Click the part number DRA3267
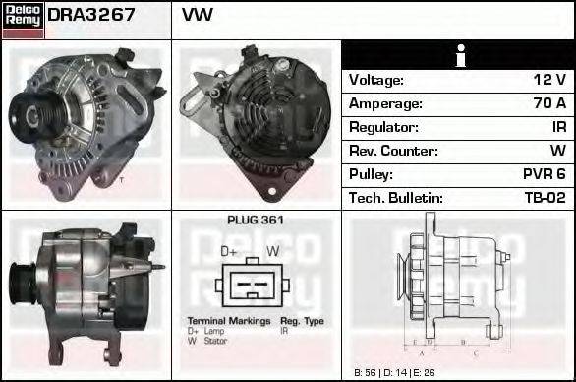91,16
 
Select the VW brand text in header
198,16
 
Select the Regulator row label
383,128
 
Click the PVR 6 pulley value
543,175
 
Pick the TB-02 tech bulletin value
544,199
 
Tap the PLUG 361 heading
256,221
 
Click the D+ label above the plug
230,252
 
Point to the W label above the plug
274,252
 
